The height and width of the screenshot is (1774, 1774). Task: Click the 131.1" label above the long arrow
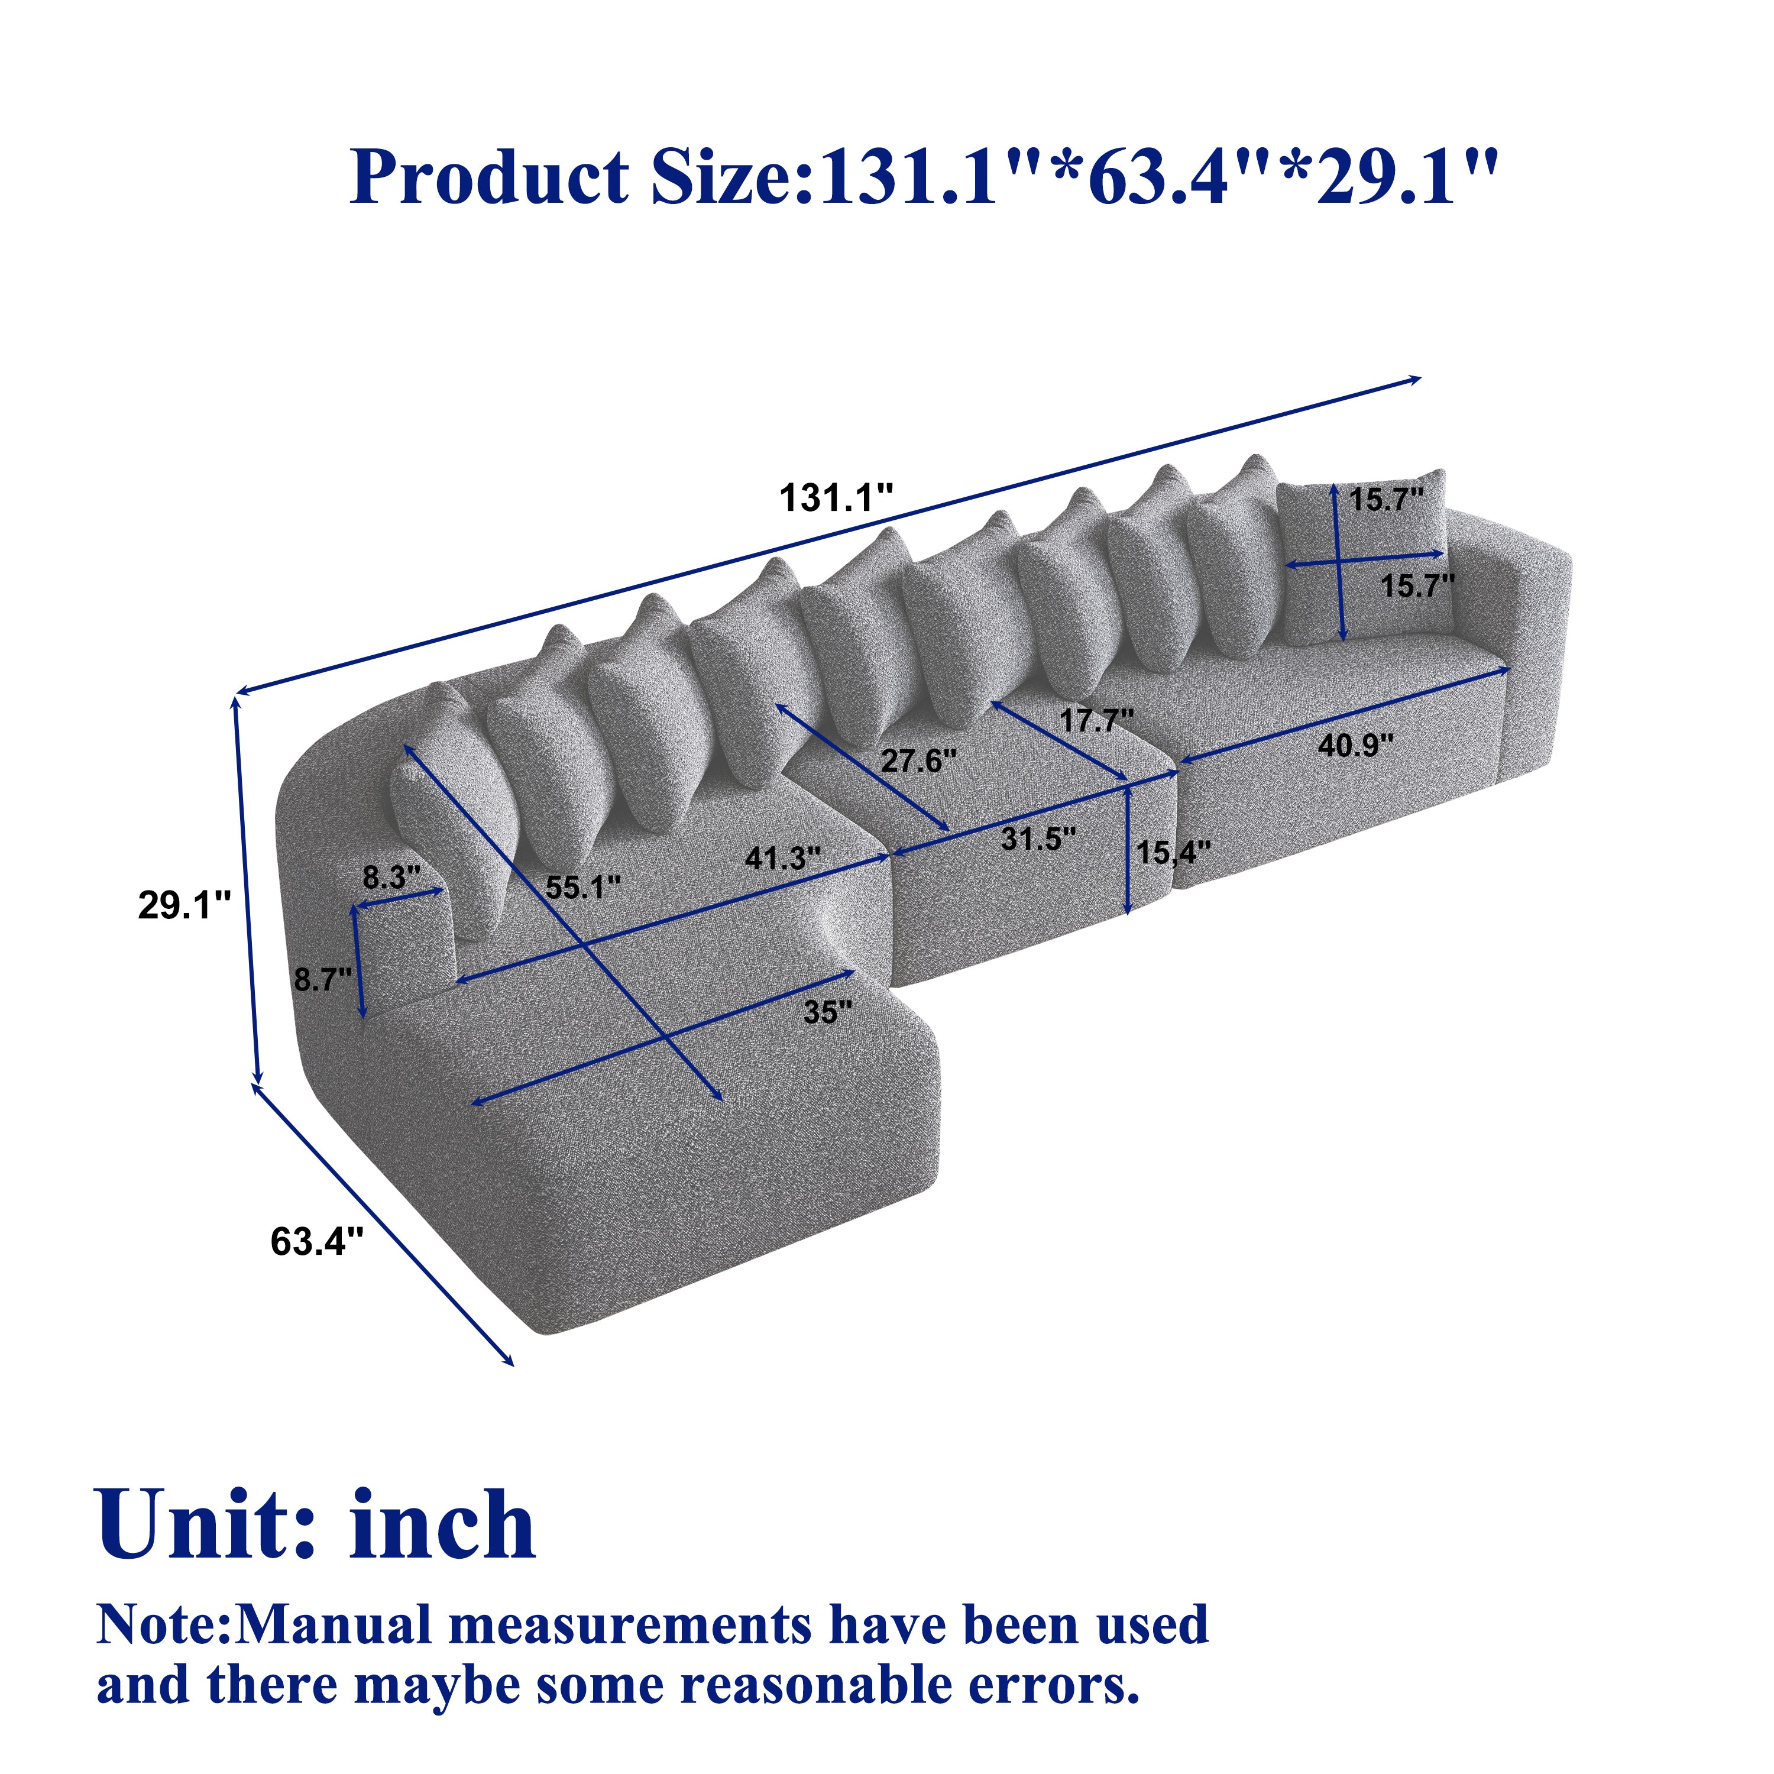click(x=836, y=498)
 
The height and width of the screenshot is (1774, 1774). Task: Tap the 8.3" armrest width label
click(x=391, y=878)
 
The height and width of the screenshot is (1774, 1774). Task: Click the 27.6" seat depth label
click(x=918, y=760)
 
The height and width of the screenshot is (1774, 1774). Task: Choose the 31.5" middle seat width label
click(x=1038, y=839)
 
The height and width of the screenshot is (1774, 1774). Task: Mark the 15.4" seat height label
click(x=1173, y=853)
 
